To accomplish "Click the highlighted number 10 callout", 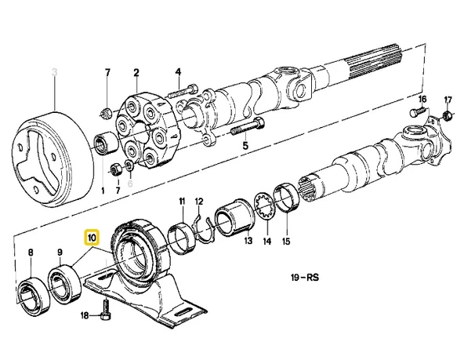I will (92, 236).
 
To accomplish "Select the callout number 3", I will (54, 73).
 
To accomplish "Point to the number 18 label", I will (85, 315).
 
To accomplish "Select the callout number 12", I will (199, 202).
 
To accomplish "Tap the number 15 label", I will (287, 242).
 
